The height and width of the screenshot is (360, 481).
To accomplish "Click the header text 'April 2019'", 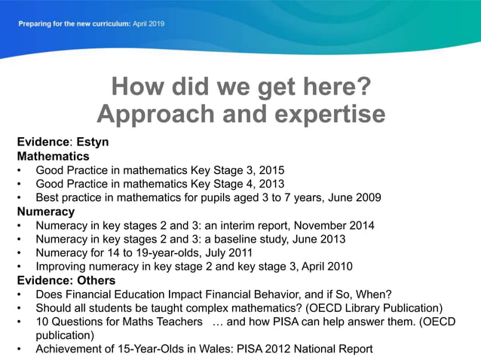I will (x=149, y=23).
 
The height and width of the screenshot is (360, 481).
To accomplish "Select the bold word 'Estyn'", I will (x=93, y=142).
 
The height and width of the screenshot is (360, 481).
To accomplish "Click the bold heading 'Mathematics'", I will (x=53, y=156).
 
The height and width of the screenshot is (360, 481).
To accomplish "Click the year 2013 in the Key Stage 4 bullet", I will (x=271, y=184).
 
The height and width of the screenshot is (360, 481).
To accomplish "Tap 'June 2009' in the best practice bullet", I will (x=355, y=198).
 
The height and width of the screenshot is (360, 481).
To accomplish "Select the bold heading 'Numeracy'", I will (x=46, y=212).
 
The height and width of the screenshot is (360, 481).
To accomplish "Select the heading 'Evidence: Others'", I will (x=66, y=280).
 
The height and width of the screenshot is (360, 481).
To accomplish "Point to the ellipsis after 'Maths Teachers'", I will (x=216, y=322).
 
